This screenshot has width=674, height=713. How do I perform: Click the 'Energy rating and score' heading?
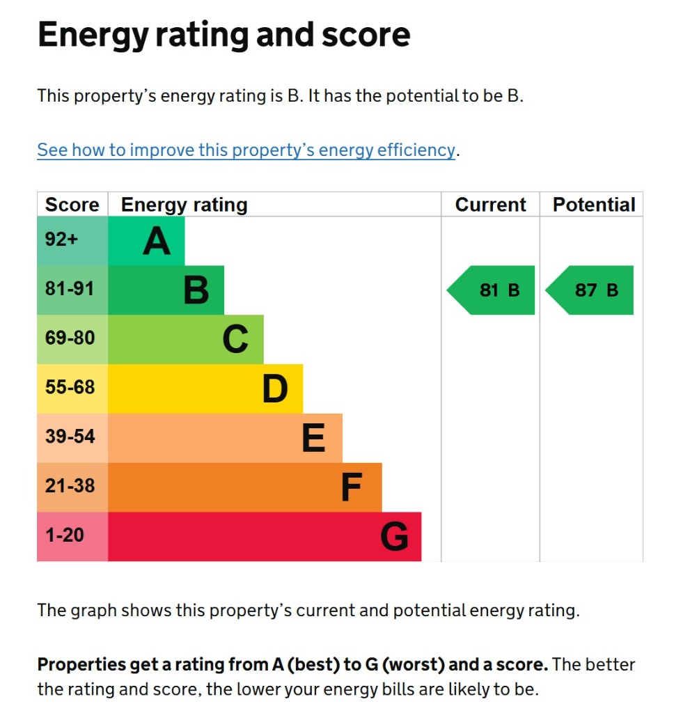pos(224,34)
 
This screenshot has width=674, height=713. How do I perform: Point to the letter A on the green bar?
pos(157,242)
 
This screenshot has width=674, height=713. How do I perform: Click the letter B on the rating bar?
pos(196,290)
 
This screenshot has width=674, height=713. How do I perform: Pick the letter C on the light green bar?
pos(235,340)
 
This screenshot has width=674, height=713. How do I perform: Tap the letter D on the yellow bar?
pos(275,389)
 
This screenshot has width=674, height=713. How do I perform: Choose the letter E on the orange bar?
pos(313,439)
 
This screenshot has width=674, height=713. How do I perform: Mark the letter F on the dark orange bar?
pos(352,488)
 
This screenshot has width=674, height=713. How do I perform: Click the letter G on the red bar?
pos(394,537)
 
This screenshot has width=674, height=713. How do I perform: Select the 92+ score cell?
pos(72,240)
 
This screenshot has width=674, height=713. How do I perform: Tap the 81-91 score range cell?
pos(72,289)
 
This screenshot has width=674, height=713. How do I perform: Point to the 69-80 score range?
pos(72,338)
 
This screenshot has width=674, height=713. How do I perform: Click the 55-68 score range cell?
pos(72,388)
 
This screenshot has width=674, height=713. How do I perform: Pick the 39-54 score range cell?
pos(72,437)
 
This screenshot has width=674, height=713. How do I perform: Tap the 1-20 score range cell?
pos(72,535)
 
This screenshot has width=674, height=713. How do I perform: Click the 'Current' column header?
pos(490,205)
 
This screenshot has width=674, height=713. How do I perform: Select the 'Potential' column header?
pos(593,205)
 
